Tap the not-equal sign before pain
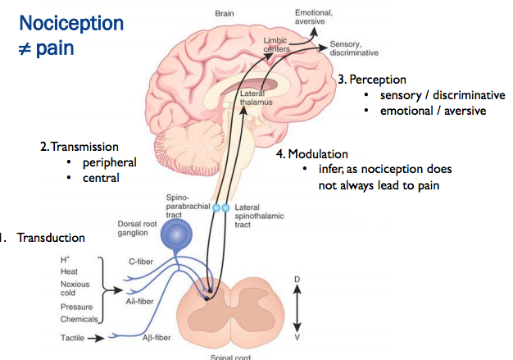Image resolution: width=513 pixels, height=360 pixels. (x=25, y=48)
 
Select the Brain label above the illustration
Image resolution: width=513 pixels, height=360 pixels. (x=225, y=14)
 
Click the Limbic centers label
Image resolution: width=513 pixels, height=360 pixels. (x=278, y=44)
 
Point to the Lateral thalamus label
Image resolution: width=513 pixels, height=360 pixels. (x=255, y=101)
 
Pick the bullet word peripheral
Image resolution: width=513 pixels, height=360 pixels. (x=108, y=162)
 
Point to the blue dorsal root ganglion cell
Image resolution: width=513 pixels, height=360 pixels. (x=175, y=235)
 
